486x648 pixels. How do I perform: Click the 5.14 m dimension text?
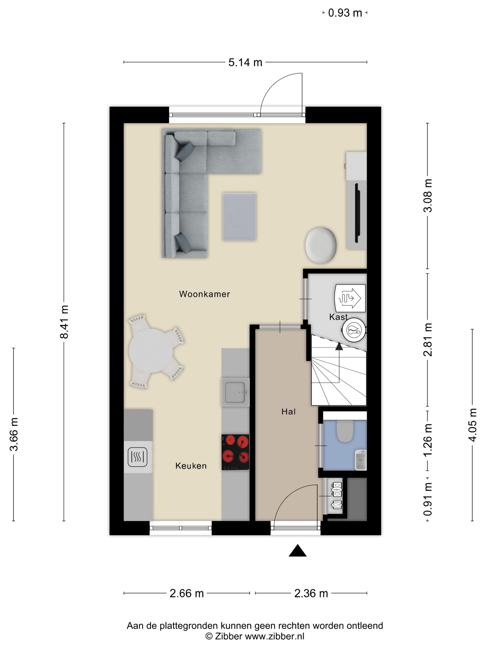(245, 62)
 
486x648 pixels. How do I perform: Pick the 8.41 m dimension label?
(64, 322)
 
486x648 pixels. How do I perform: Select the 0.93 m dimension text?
(345, 13)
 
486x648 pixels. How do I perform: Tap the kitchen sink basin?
(235, 392)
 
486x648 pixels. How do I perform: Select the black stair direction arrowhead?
(339, 346)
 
